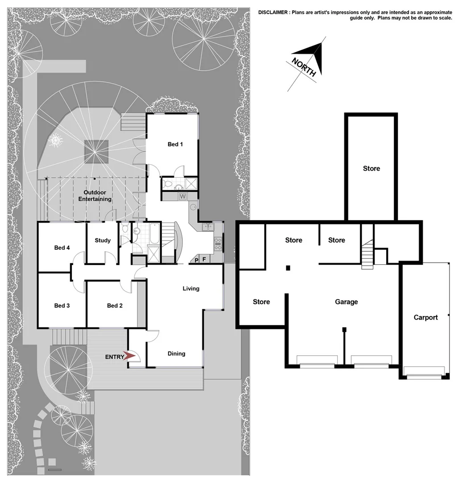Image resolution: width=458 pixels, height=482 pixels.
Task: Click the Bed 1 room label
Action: pos(175,144)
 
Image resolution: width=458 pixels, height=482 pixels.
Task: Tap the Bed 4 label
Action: pos(62,248)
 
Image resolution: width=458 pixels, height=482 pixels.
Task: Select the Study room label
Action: pos(103,241)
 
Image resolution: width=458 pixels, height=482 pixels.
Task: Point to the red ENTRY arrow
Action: pos(130,356)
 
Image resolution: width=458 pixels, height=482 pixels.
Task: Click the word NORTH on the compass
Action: pos(304,67)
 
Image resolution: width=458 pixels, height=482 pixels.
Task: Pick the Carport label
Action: pos(425,317)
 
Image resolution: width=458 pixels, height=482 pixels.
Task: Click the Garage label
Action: pos(347,302)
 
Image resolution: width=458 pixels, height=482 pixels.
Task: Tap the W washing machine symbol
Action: pos(182,196)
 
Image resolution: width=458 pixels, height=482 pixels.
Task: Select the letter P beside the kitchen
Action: pos(197,260)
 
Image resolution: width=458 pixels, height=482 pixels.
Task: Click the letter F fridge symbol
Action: pos(204,259)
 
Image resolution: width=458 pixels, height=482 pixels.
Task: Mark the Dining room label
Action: pos(176,353)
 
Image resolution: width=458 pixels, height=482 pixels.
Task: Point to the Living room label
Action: pos(191,288)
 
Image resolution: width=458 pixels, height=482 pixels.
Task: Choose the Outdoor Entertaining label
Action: pos(95,195)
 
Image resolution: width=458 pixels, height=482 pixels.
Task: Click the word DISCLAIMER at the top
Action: pos(273,12)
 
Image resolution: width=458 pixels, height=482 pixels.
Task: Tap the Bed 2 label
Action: pos(115,306)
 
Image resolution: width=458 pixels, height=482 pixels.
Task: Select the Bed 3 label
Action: pos(62,306)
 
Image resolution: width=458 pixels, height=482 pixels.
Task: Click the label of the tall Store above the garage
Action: pos(371,168)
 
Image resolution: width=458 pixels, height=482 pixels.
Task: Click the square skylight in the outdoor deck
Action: pos(96,151)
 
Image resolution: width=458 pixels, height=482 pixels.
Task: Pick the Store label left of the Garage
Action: pos(261,302)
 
